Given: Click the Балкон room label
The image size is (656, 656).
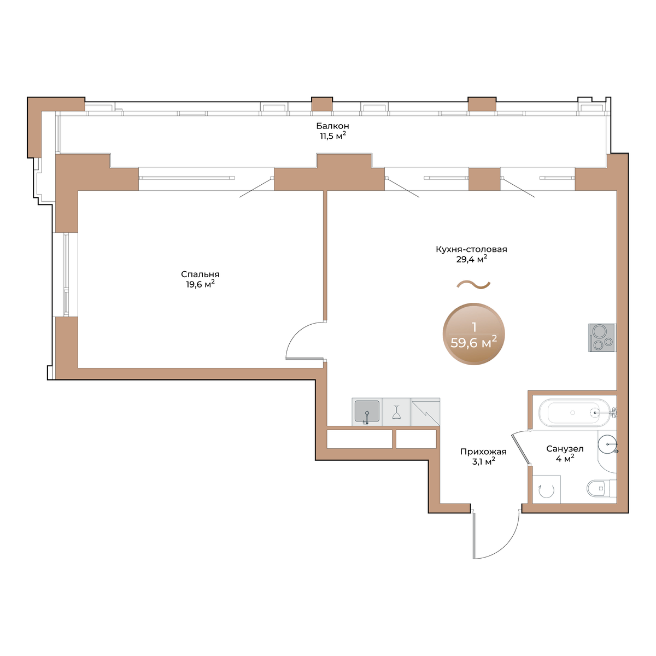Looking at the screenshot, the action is [332, 126].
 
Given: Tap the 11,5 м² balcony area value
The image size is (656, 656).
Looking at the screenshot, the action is [332, 136].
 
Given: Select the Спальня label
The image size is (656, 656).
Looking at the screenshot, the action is [200, 274].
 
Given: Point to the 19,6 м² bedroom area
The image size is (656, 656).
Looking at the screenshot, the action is [200, 284].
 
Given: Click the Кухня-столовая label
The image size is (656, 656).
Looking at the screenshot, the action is [471, 249].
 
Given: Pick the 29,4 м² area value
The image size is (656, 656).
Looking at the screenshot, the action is [471, 259].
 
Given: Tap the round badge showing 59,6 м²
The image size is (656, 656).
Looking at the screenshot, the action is [473, 334].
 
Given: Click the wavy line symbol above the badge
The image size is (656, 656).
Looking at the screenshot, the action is [473, 284].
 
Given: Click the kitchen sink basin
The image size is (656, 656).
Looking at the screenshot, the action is [367, 411].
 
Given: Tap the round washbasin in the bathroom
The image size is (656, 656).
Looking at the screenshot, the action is [607, 444].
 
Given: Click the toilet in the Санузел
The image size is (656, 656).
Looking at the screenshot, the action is [601, 488].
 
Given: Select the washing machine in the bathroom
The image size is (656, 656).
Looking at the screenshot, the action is [546, 489].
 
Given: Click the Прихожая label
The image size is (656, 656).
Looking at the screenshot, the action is [483, 452].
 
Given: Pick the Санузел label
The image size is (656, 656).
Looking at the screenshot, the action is [565, 449].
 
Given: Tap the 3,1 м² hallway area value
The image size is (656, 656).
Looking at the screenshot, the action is [483, 461].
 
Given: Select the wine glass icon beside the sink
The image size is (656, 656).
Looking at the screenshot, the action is [396, 412].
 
